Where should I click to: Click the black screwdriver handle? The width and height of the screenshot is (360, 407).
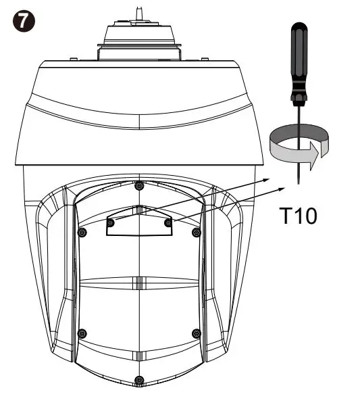297,57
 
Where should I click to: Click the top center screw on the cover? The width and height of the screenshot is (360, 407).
138,185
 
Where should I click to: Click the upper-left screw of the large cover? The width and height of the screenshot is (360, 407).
82,233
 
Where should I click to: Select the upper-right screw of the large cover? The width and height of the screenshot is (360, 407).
197,233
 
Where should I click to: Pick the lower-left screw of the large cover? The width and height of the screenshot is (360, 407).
82,332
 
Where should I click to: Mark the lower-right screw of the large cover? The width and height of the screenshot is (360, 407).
197,332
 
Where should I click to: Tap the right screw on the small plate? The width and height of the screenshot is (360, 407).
168,221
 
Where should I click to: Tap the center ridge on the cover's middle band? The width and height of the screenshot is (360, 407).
138,281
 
